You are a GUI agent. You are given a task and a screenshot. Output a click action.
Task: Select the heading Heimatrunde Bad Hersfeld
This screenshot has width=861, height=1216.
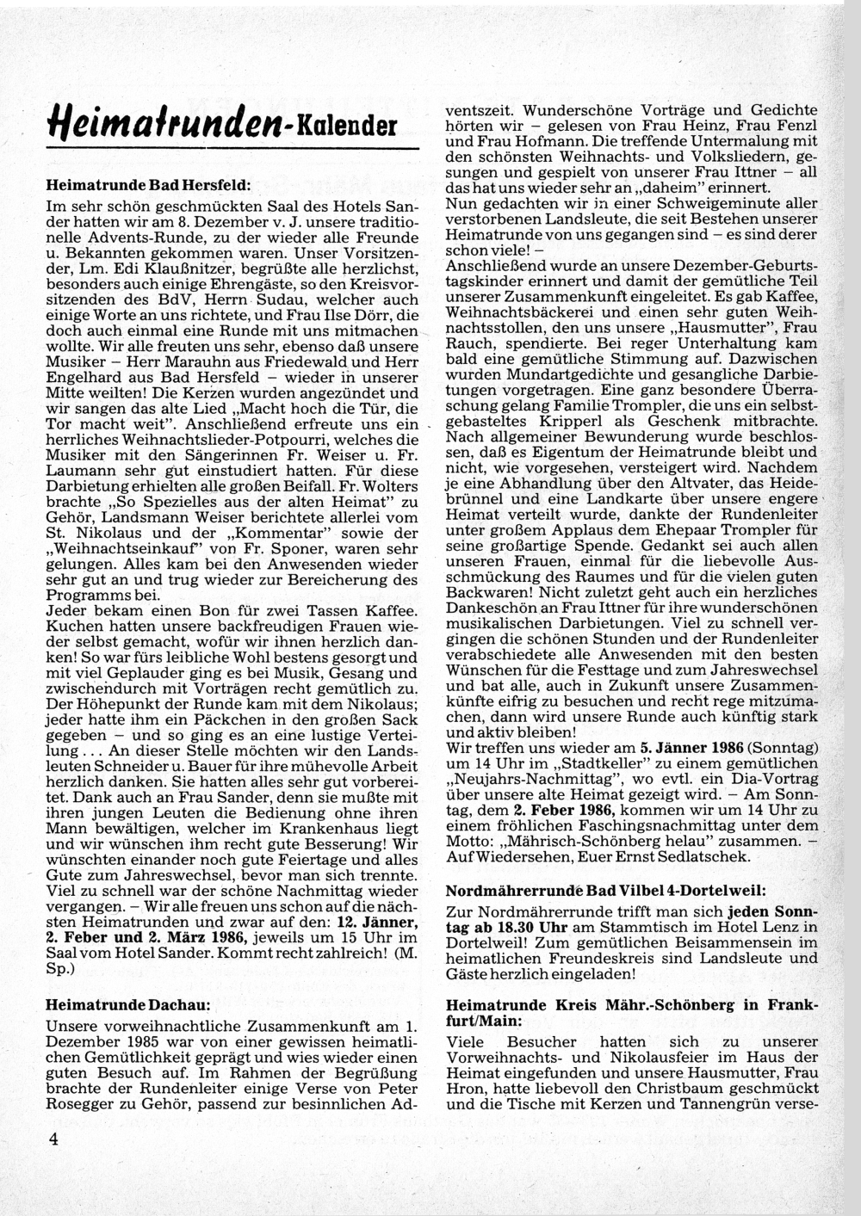point(147,185)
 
